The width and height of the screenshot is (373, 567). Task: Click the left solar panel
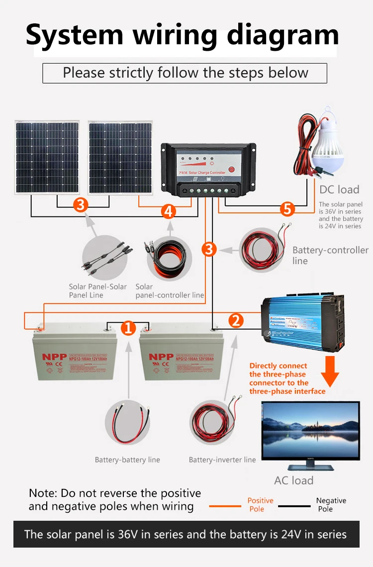point(47,157)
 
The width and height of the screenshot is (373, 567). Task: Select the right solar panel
point(120,157)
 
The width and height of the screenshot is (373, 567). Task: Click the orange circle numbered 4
point(169,211)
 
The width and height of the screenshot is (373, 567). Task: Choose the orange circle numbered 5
point(287,209)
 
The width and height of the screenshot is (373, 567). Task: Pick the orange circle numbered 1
point(129,328)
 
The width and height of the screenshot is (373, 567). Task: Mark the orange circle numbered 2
point(236,320)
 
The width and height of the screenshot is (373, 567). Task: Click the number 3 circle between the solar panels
point(81,204)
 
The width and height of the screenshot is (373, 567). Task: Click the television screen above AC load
point(310,432)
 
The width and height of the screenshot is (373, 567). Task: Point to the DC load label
point(339,189)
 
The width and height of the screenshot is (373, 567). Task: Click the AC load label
point(293,480)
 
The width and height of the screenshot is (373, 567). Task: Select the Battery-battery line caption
point(127,460)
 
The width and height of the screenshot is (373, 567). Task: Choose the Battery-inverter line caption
point(222,460)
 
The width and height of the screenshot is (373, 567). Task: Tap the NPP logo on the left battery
point(53,357)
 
